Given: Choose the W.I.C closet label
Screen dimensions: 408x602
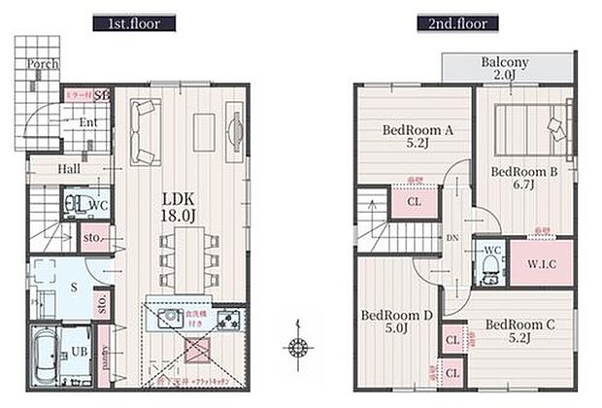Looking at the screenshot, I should [529, 262].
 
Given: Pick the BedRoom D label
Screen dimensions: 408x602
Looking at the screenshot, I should [395, 322].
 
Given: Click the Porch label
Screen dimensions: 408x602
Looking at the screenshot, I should [43, 64].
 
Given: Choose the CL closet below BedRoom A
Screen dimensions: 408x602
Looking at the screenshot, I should [413, 203].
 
